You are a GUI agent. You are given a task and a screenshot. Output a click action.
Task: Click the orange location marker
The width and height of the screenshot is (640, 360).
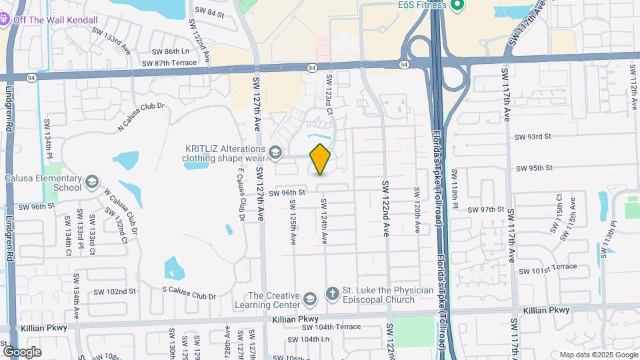[x=321, y=159]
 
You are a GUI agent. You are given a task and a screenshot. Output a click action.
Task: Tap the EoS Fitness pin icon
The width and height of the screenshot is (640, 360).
[x=457, y=6]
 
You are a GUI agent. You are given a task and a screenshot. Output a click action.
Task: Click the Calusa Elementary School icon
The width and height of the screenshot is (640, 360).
[x=91, y=181]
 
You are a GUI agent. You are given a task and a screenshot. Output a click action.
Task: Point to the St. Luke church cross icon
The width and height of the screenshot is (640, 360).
[x=332, y=294]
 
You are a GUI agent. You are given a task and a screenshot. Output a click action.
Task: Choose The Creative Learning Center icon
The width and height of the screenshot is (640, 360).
[x=309, y=298]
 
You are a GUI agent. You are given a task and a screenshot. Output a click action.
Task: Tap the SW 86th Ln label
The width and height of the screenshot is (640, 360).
[x=171, y=51]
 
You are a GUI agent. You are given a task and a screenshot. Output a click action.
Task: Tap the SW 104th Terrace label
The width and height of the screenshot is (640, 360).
[x=331, y=327]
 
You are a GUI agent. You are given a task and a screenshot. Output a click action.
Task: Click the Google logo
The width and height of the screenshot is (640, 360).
[x=22, y=351]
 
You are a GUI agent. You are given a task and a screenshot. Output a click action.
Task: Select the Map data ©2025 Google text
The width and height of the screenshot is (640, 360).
[x=597, y=355]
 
